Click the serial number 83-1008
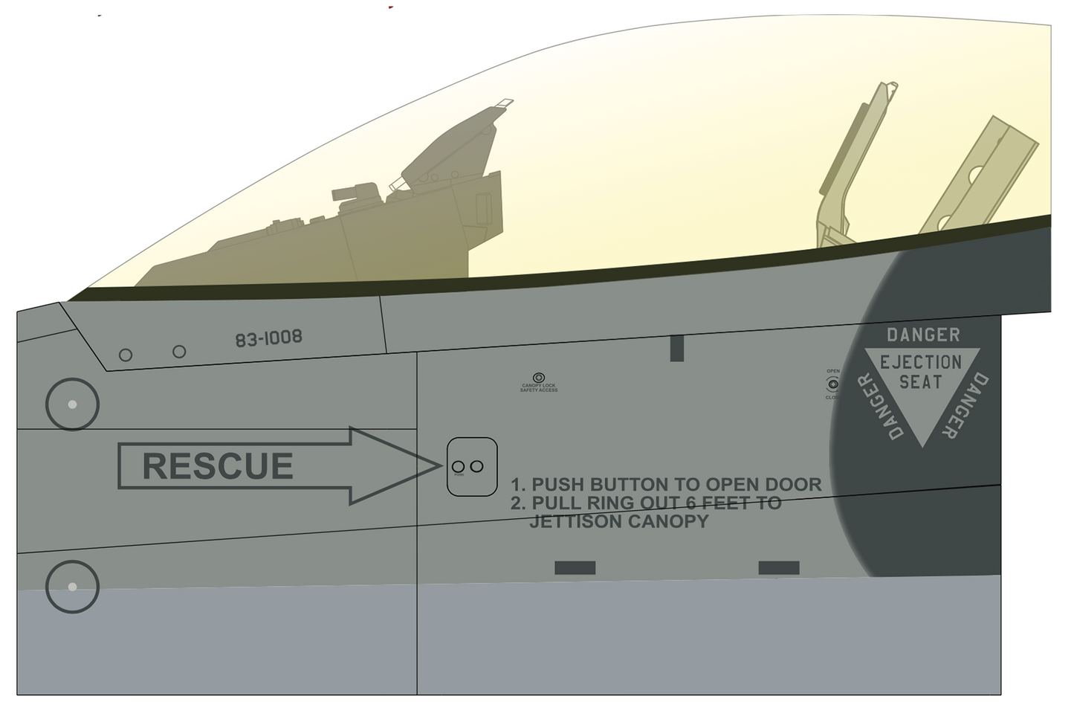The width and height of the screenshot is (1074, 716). point(268,338)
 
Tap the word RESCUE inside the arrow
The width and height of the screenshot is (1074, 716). point(217,466)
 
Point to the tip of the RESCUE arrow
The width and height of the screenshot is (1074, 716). point(439,465)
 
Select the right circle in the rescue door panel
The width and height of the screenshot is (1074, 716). point(477,466)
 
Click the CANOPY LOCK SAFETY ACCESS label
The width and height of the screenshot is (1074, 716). point(539,387)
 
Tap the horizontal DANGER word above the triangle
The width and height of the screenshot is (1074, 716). point(923,335)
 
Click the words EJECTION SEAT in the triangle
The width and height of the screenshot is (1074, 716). point(921,372)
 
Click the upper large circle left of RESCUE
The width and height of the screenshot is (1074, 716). point(72,404)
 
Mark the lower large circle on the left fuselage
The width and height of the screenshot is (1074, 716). point(72,587)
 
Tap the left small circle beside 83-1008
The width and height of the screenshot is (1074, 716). point(126,355)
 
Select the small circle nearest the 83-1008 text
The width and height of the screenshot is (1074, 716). point(179,351)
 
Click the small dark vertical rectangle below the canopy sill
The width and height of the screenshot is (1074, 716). point(676,348)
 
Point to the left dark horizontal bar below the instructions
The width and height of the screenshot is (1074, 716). point(575,568)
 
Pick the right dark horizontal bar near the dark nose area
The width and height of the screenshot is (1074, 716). point(778,568)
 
